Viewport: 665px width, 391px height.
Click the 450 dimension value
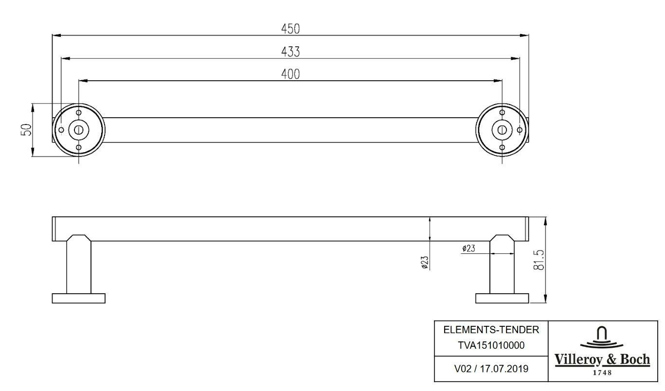tap(290, 29)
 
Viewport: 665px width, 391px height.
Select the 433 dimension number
tap(290, 52)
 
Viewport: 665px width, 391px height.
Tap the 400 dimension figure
tap(290, 74)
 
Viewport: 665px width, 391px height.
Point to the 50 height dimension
tap(26, 130)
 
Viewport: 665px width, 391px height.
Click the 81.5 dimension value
tap(539, 260)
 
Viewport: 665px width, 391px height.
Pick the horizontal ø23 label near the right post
tap(469, 248)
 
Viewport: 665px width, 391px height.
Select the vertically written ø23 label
tap(425, 263)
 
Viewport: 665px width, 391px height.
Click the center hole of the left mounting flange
tap(79, 130)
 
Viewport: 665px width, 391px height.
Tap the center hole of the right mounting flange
tap(502, 130)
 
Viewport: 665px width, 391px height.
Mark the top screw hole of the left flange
tap(79, 112)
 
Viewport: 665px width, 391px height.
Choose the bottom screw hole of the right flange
tap(502, 147)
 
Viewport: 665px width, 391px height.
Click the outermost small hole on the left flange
tap(61, 130)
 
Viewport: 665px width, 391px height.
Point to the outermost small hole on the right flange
tap(520, 130)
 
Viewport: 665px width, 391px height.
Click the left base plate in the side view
tap(79, 299)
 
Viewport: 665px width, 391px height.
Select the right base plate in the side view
tap(502, 299)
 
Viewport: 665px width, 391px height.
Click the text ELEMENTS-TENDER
tap(491, 330)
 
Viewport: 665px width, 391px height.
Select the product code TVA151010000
tap(491, 345)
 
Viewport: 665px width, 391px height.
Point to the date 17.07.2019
tap(504, 369)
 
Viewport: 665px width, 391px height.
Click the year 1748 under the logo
tap(602, 373)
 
